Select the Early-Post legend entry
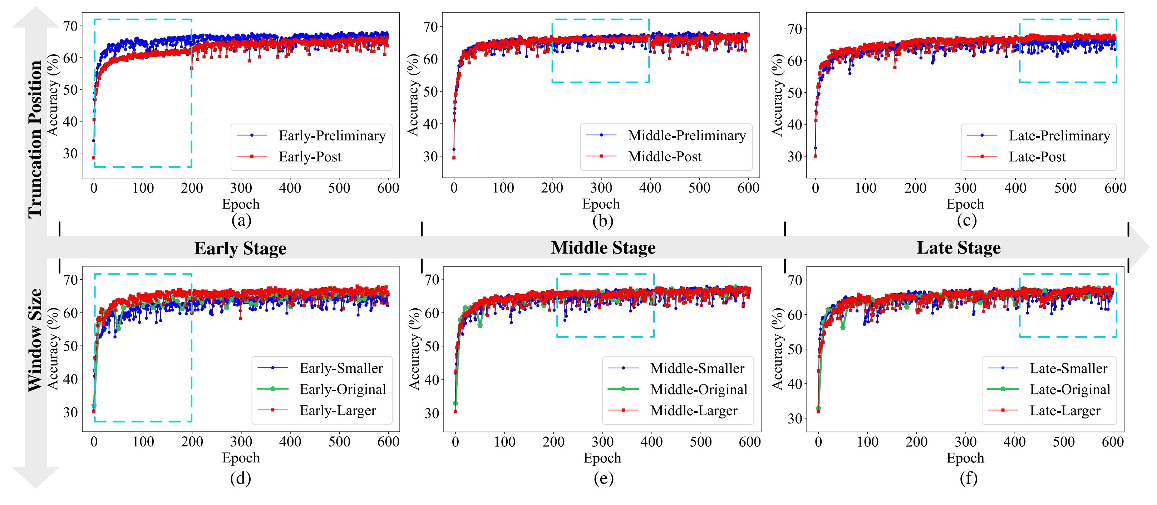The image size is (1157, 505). [x=310, y=157]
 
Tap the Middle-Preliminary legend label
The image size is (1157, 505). [x=687, y=135]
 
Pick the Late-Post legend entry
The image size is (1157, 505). [x=1037, y=157]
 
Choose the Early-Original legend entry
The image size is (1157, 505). [x=343, y=389]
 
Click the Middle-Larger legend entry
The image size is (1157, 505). [x=694, y=411]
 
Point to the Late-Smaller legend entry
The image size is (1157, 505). [x=1068, y=368]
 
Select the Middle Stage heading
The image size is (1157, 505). [x=603, y=247]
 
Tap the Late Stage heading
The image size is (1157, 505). [x=959, y=247]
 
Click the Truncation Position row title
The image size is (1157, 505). [x=35, y=139]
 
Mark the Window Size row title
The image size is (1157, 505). [x=35, y=340]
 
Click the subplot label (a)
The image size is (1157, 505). [x=241, y=220]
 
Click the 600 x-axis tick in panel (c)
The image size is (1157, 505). [x=1115, y=188]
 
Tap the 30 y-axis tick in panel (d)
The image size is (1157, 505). [x=70, y=412]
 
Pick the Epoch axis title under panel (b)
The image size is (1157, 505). [x=601, y=204]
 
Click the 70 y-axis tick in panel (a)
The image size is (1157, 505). [x=70, y=26]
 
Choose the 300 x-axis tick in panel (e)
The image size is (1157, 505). [x=602, y=442]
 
